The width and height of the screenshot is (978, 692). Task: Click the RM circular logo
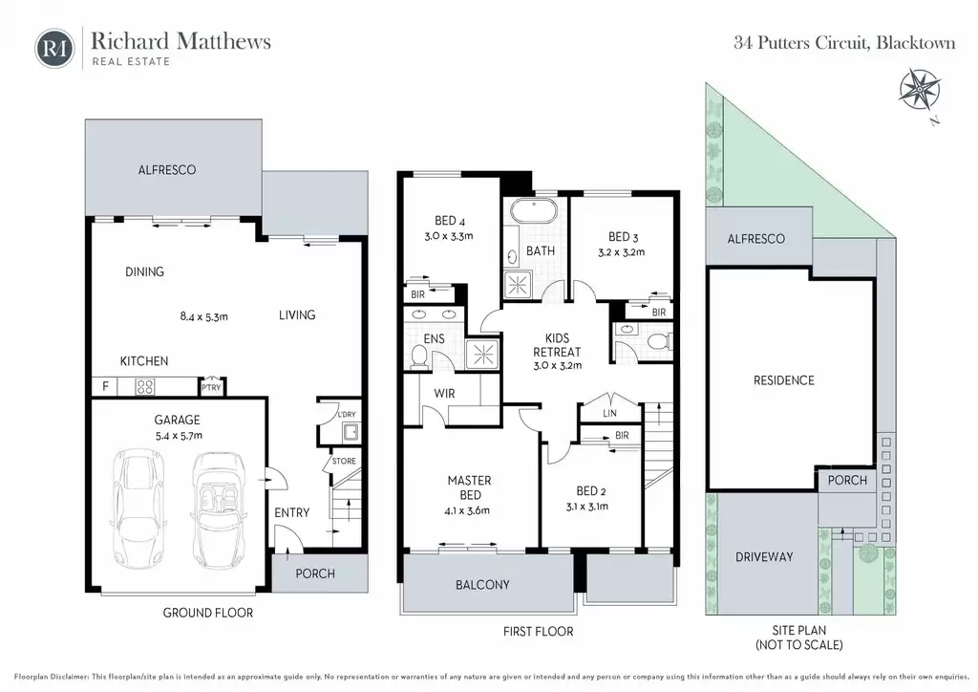(x=54, y=48)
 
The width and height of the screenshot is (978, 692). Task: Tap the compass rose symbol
(x=920, y=91)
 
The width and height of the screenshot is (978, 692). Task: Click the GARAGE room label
(x=177, y=420)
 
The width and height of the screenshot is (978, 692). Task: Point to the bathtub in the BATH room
(x=534, y=210)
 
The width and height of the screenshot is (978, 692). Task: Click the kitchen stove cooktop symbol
(x=145, y=387)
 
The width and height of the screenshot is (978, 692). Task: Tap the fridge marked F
(x=105, y=386)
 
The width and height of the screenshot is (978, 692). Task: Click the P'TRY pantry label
(x=211, y=387)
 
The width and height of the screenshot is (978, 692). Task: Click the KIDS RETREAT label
(x=557, y=345)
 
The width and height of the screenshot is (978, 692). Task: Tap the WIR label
(x=444, y=394)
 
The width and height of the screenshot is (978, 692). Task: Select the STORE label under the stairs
(x=344, y=461)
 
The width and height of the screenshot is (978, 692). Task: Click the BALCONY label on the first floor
(x=482, y=585)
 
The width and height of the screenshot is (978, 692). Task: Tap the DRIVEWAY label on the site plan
(x=764, y=556)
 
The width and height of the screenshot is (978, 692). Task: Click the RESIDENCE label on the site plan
(x=783, y=380)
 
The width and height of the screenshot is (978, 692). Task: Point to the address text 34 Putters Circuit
(x=802, y=43)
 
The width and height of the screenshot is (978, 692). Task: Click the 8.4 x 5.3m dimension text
(x=204, y=316)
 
